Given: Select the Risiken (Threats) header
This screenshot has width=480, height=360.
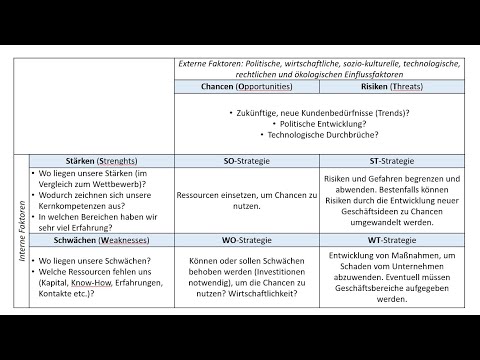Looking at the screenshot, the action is click(391, 88).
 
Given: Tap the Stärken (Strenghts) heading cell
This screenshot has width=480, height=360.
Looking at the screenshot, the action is click(93, 160).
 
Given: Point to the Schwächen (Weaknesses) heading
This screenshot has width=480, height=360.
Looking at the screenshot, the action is click(93, 241).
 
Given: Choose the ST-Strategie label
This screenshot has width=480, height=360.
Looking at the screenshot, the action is click(391, 160).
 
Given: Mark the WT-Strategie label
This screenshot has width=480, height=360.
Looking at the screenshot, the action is click(391, 241).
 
